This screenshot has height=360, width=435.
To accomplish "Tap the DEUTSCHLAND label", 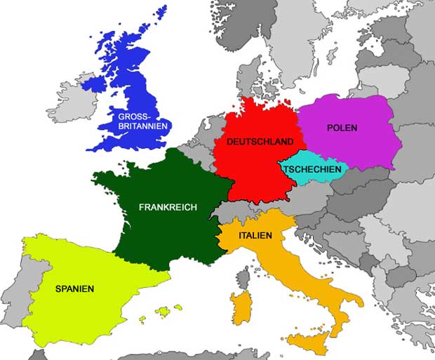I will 260,142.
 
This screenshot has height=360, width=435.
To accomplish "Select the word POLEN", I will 342,128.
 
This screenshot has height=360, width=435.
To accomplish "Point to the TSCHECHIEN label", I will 312,169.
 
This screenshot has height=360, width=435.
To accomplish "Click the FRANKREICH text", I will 168,208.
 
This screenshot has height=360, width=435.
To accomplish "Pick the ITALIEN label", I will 255,236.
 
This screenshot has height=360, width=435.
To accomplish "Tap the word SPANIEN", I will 75,288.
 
